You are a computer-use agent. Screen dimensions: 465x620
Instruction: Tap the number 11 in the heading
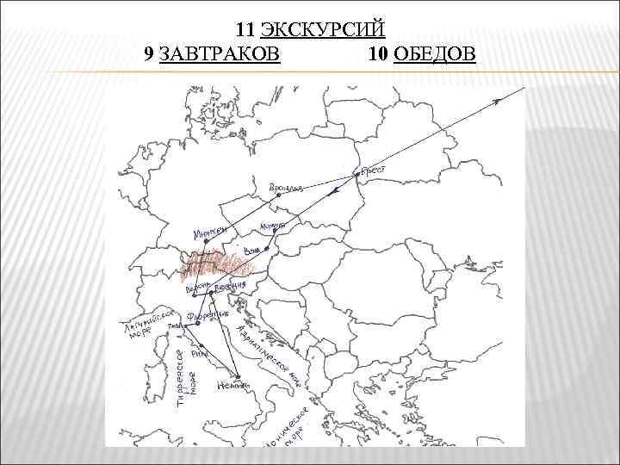point(246,31)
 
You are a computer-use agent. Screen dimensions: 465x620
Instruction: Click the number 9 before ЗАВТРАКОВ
point(150,55)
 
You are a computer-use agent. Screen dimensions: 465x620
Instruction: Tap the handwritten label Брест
point(373,170)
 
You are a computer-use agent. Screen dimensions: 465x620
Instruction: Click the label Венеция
point(230,286)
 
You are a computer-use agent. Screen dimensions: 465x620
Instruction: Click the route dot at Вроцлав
point(278,195)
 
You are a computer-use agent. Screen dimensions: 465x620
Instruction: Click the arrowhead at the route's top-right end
point(499,102)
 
